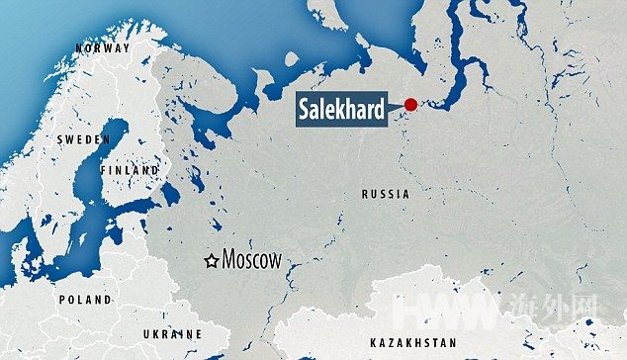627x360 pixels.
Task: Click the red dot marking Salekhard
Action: [x=409, y=105]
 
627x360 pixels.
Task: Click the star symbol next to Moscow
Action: [x=211, y=261]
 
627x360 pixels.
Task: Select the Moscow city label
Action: [x=252, y=260]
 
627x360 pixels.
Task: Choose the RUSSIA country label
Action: [x=386, y=195]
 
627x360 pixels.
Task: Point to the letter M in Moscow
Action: [x=229, y=260]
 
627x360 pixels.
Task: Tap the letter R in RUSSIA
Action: [x=365, y=195]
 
